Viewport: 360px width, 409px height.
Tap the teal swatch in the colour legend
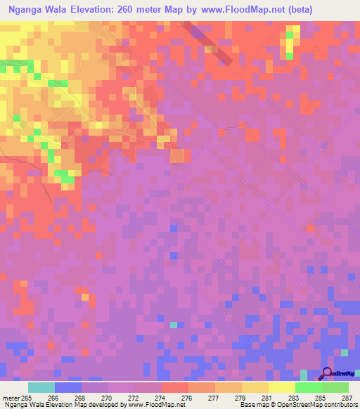41,387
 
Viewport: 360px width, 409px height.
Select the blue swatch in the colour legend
68,387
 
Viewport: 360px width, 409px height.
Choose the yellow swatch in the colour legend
282,387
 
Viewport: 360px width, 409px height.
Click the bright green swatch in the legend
309,387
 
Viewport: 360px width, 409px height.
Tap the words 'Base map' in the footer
251,405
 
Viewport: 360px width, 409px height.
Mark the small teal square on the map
174,324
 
